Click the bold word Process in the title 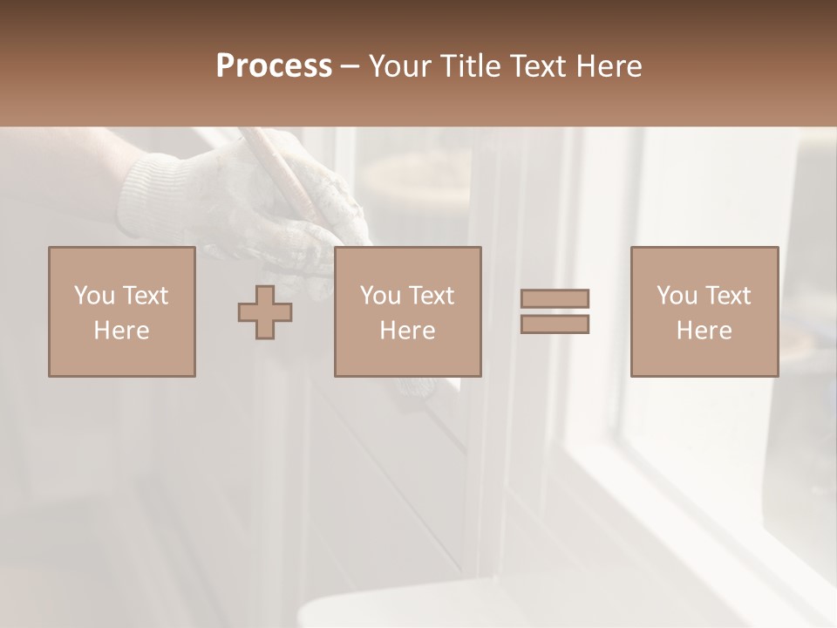click(274, 65)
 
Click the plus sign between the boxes click(265, 311)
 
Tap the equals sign click(555, 311)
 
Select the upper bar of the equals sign click(555, 298)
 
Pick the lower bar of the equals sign click(555, 324)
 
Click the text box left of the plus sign click(121, 311)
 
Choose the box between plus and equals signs click(407, 311)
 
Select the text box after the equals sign click(704, 311)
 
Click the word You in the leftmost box click(93, 296)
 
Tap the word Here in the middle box click(407, 331)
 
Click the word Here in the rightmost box click(704, 331)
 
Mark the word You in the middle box click(380, 296)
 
